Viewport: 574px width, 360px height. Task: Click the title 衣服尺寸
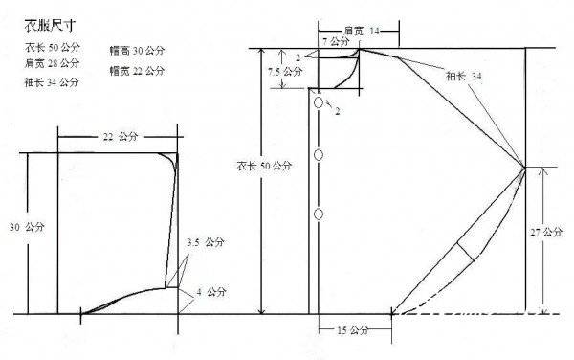point(51,26)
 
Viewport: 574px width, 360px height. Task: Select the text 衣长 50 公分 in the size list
point(53,47)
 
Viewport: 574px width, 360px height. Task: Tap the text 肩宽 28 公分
point(52,63)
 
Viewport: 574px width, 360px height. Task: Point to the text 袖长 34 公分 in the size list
point(52,82)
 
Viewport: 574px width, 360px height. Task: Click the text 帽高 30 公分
point(137,51)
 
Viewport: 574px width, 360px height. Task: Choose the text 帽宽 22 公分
point(137,70)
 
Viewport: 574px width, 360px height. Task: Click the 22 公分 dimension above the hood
point(121,137)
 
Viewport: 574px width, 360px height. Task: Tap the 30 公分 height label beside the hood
point(27,227)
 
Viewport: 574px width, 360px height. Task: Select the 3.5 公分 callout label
point(206,242)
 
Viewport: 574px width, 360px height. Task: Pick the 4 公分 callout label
point(211,292)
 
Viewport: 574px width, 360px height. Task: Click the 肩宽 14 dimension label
point(362,32)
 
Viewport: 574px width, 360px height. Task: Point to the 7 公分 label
point(336,41)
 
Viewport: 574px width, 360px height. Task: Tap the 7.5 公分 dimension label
point(285,72)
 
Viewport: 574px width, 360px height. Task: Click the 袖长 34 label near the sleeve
point(464,77)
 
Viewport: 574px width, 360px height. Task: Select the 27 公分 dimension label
point(546,232)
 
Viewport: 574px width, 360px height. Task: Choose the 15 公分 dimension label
point(352,330)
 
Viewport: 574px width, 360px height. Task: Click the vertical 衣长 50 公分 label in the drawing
point(264,166)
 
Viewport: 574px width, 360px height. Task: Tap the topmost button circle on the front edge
point(319,102)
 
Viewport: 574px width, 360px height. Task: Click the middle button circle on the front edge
point(319,155)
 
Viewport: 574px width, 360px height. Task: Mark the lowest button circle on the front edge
point(319,214)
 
